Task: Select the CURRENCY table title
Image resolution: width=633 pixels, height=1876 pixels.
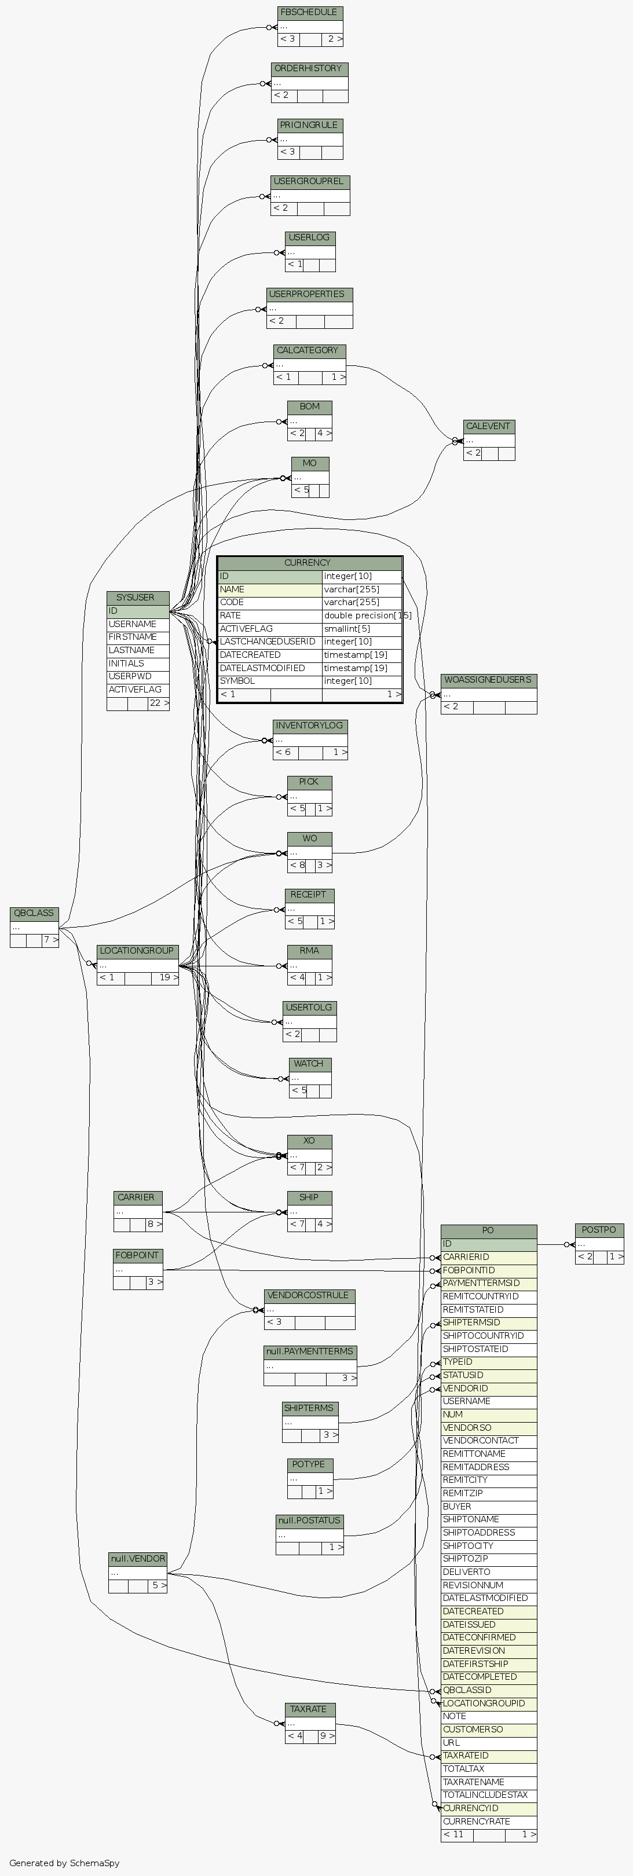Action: (308, 563)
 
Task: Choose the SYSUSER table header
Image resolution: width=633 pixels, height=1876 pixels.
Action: (136, 597)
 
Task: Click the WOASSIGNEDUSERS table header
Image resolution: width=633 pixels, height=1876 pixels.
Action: (488, 680)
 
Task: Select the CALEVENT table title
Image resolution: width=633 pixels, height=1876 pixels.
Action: (488, 426)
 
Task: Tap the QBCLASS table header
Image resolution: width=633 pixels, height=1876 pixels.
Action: (34, 913)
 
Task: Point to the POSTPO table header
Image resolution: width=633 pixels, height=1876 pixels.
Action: (599, 1230)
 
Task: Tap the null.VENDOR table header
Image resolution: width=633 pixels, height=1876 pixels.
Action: (137, 1559)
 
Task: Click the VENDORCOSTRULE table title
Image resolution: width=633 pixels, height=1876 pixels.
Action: (309, 1296)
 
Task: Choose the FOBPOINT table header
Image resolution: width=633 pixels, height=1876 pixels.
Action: (137, 1255)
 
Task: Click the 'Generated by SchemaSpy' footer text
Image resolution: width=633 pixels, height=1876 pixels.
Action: (64, 1863)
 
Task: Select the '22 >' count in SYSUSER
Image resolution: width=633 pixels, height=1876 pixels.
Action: (158, 703)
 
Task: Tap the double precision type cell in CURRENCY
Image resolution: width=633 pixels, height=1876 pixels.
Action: (362, 615)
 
